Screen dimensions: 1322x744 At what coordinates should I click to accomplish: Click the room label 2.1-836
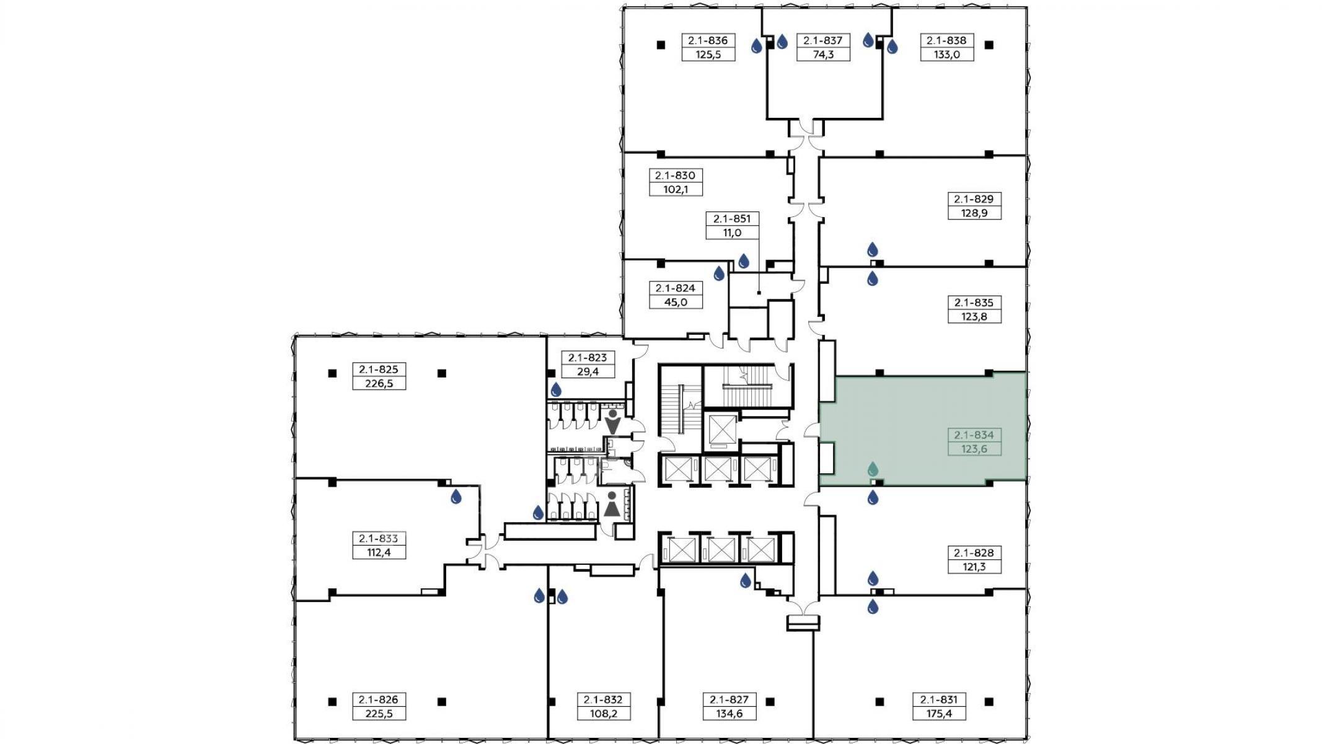pos(708,40)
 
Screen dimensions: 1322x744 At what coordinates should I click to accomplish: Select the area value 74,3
pos(823,55)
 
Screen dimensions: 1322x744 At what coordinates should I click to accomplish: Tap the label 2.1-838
pos(946,40)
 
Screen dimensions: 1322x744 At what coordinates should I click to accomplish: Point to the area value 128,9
pos(974,213)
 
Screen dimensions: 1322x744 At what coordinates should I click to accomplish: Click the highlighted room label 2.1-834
pos(974,435)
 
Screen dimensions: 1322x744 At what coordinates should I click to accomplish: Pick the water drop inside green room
pos(873,469)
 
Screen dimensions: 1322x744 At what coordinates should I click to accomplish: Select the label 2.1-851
pos(732,219)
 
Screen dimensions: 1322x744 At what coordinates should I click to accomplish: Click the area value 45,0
pos(676,302)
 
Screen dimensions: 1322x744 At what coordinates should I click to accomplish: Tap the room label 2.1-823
pos(588,358)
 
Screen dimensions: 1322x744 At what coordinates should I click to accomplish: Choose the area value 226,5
pos(379,383)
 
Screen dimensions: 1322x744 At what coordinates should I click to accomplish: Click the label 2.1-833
pos(379,538)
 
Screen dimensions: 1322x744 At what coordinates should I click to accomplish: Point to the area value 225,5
pos(379,714)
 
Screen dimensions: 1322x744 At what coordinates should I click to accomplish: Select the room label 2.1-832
pos(603,699)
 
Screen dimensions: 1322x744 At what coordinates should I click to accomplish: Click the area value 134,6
pos(729,714)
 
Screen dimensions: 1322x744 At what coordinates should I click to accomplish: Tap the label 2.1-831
pos(938,699)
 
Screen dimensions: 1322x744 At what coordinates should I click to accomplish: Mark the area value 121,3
pos(974,567)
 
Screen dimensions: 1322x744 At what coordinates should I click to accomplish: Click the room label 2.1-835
pos(974,303)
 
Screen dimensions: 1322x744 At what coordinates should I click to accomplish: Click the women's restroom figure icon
pos(612,505)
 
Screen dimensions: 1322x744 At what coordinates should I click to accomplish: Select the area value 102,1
pos(676,190)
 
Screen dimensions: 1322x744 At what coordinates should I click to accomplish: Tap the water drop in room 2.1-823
pos(556,389)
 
